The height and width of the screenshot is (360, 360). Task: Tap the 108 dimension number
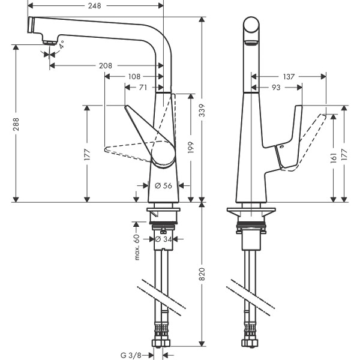coord(134,76)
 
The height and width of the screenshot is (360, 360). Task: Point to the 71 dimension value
coord(143,88)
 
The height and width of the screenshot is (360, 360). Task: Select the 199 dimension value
coord(191,148)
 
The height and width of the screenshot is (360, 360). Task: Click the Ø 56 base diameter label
coord(164,186)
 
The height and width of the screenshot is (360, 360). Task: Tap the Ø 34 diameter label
coord(163,239)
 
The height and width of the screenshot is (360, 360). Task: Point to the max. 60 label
coord(137,247)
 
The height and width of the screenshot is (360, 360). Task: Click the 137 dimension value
coord(289,76)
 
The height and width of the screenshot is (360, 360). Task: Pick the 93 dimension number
coord(276,88)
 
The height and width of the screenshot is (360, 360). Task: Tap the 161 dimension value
coord(333,157)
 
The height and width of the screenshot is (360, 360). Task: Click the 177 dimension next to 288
coord(88,154)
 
